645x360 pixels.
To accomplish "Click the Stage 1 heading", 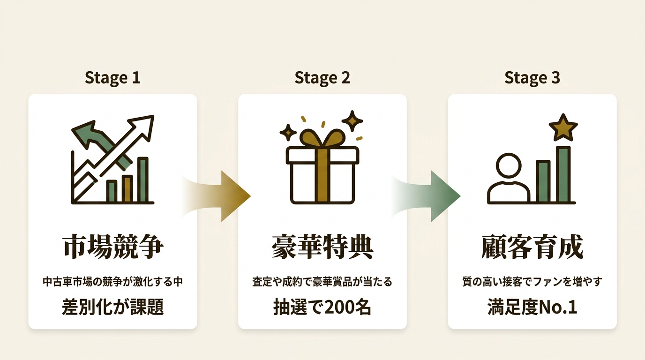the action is [x=112, y=78].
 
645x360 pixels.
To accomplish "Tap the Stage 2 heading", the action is [x=322, y=78].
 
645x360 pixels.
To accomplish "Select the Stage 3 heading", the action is [x=532, y=78].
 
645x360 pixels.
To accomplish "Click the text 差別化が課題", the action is [x=112, y=307].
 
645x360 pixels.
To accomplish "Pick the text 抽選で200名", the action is [x=322, y=307].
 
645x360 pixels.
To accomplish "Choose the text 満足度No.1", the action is [x=532, y=307].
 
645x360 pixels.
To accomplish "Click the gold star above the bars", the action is [x=563, y=128].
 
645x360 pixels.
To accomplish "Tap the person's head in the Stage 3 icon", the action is [x=509, y=167].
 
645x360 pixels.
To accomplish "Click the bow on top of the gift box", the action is [x=322, y=138].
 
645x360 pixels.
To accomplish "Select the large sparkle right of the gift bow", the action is [x=352, y=121].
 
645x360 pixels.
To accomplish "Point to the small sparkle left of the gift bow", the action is [x=288, y=133].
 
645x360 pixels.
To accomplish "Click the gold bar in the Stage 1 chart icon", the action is [x=127, y=189].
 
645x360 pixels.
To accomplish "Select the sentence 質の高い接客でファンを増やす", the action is [x=532, y=282].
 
